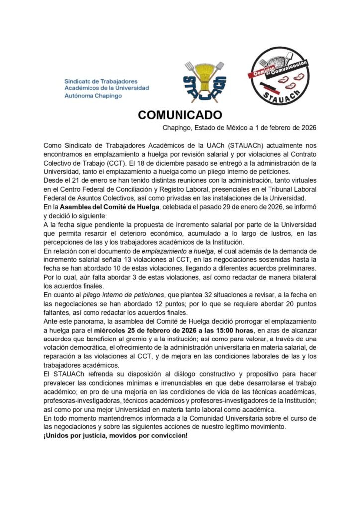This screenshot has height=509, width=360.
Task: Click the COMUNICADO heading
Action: pyautogui.click(x=180, y=115)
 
